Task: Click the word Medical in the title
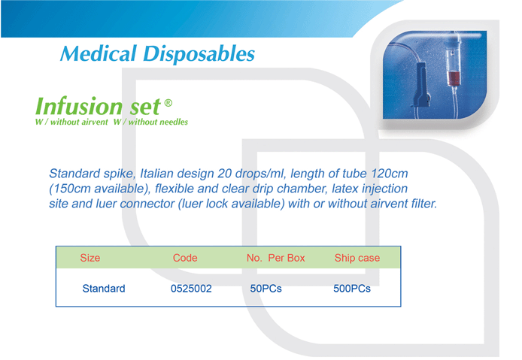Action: [x=99, y=53]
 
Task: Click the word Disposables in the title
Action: [x=199, y=53]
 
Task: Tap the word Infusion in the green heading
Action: [x=79, y=106]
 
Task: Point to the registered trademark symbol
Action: [x=168, y=103]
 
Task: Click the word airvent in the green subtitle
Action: [x=93, y=122]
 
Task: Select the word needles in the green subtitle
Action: [x=173, y=122]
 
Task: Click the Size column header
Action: [x=90, y=258]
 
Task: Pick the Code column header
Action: [x=185, y=258]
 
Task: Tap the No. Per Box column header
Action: [x=275, y=258]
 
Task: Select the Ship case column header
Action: [x=357, y=258]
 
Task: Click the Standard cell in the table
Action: [x=104, y=288]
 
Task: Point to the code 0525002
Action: [x=191, y=288]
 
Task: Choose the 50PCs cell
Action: [x=266, y=288]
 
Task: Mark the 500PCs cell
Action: [x=352, y=288]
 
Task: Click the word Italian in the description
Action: [x=156, y=174]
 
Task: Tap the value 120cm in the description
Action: [x=390, y=174]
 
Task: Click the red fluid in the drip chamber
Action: [x=454, y=78]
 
